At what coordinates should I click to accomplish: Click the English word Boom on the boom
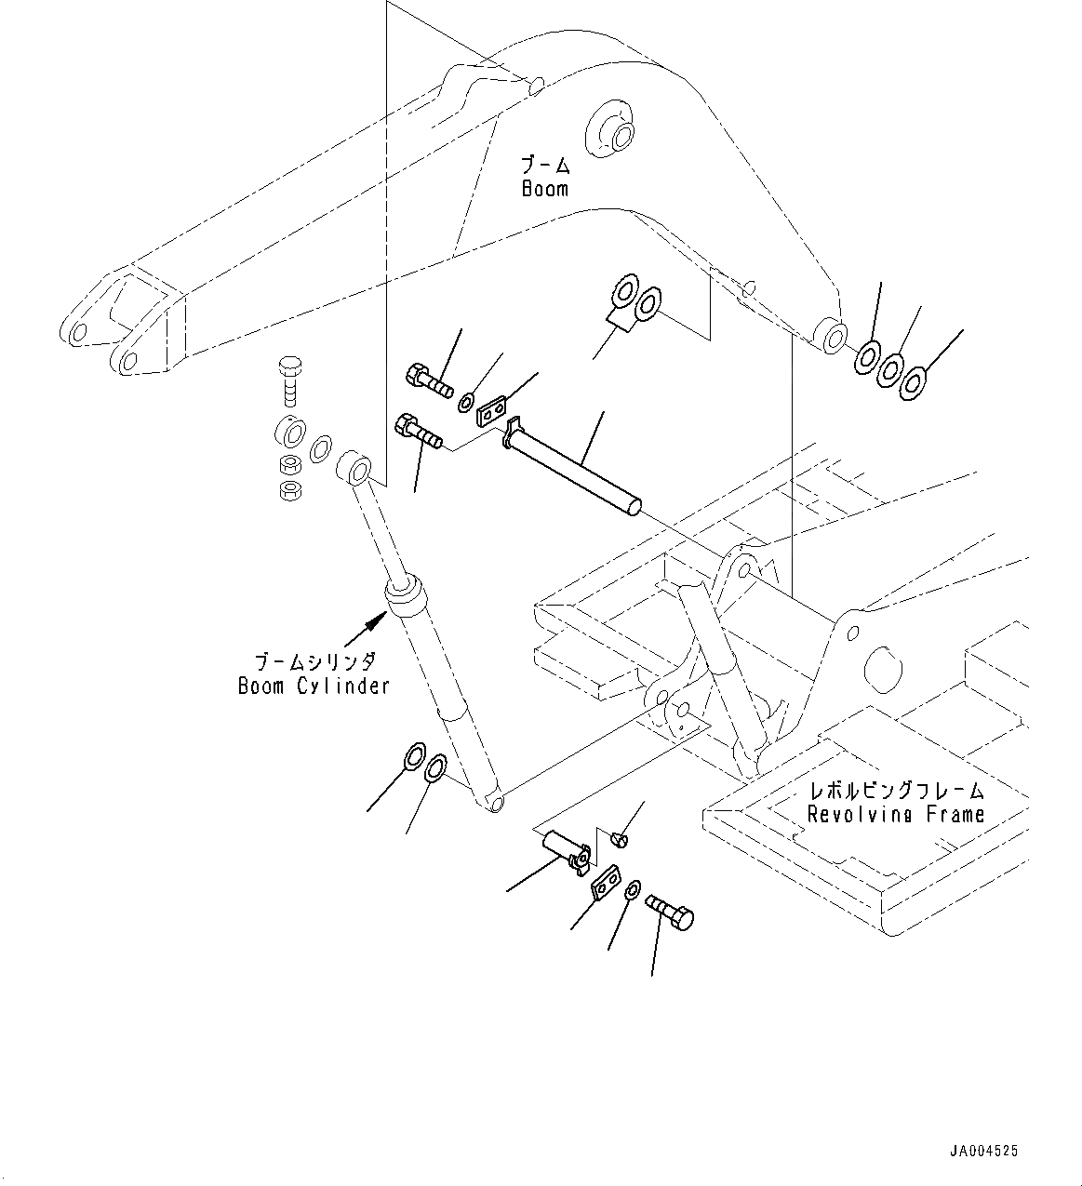(544, 189)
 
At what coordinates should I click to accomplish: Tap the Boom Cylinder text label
(313, 686)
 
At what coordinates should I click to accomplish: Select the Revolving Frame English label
(895, 815)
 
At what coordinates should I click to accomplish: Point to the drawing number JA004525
(984, 1151)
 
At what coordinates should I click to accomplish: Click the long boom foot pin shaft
(577, 468)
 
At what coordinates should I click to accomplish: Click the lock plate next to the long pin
(491, 409)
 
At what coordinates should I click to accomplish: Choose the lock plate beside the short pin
(606, 882)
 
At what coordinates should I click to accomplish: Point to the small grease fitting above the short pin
(622, 840)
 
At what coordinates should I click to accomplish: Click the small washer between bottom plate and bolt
(632, 890)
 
